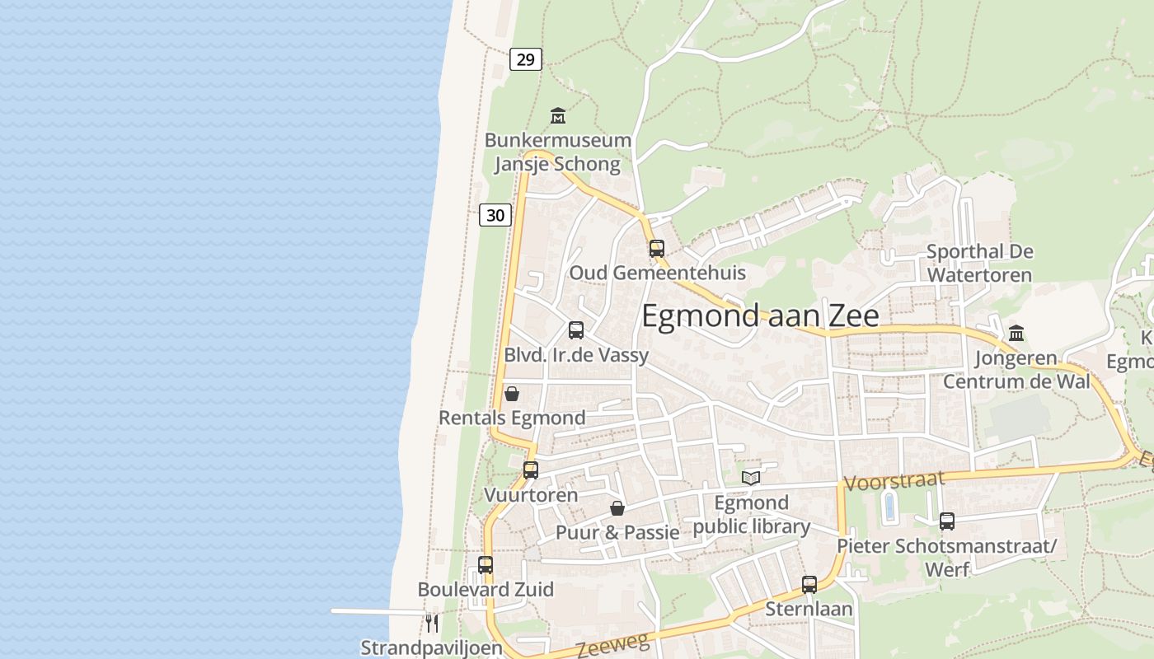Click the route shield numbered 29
525,59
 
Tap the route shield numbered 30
495,216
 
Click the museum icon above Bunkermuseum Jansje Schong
558,116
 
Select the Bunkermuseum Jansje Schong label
557,152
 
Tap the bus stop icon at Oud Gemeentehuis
656,248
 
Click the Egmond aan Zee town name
760,316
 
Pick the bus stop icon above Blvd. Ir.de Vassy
576,330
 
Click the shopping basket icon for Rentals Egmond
512,394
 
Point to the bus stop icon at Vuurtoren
531,470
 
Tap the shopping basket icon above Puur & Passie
617,508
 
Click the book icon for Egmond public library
750,478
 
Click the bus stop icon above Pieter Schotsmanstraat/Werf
947,521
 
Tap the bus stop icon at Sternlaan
809,585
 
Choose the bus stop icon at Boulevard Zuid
486,565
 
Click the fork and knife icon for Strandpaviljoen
430,622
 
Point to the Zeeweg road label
607,647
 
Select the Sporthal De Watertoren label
979,263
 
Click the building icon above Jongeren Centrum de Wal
1016,334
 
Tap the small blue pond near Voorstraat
889,506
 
